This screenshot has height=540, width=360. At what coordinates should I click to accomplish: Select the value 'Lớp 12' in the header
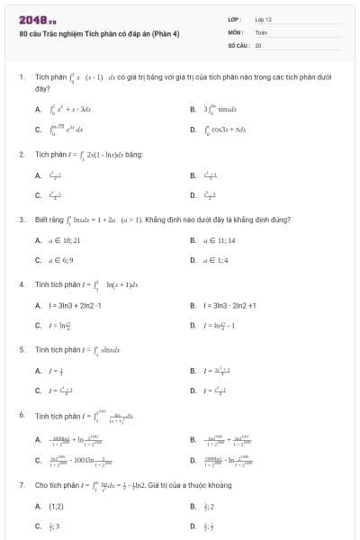[x=263, y=19]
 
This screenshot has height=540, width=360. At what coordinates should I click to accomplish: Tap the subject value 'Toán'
[x=261, y=31]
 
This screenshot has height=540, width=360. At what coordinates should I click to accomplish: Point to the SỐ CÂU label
[x=238, y=44]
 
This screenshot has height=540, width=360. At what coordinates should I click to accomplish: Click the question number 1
[x=21, y=77]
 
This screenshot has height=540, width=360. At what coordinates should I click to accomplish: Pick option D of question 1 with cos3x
[x=220, y=130]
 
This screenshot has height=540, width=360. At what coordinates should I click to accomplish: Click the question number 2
[x=21, y=154]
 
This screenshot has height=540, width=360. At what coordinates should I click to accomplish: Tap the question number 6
[x=21, y=415]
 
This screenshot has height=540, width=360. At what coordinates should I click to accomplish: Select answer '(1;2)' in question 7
[x=55, y=505]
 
